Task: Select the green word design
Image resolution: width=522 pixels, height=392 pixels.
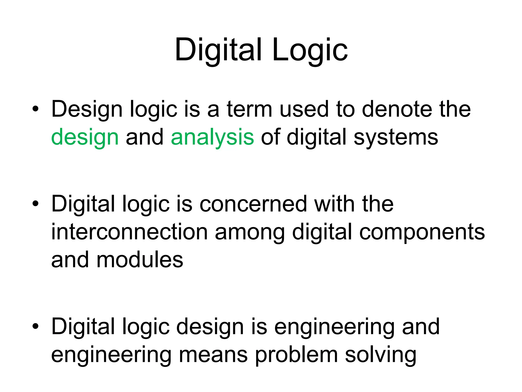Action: (x=85, y=137)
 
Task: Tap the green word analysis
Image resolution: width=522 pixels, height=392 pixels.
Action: (x=212, y=137)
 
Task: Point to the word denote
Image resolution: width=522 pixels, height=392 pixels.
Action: (x=396, y=109)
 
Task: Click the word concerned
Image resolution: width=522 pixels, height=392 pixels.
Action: (x=253, y=204)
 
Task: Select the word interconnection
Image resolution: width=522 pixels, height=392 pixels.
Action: (x=129, y=232)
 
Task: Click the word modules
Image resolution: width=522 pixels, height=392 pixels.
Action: (x=140, y=260)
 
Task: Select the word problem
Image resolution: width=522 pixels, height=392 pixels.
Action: (x=296, y=355)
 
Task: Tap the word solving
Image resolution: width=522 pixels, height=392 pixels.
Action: (x=381, y=355)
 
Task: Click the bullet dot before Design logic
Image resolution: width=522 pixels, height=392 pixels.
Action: (x=35, y=109)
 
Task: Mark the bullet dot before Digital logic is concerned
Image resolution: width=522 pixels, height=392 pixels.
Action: (x=35, y=204)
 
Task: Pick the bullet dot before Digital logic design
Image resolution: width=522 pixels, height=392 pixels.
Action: (x=35, y=326)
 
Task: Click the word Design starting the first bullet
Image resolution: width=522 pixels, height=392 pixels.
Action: (x=87, y=109)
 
